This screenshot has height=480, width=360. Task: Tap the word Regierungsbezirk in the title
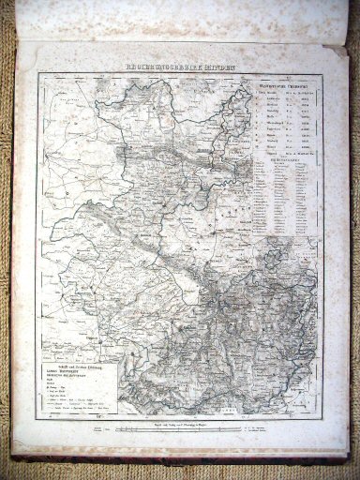click(162, 67)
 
